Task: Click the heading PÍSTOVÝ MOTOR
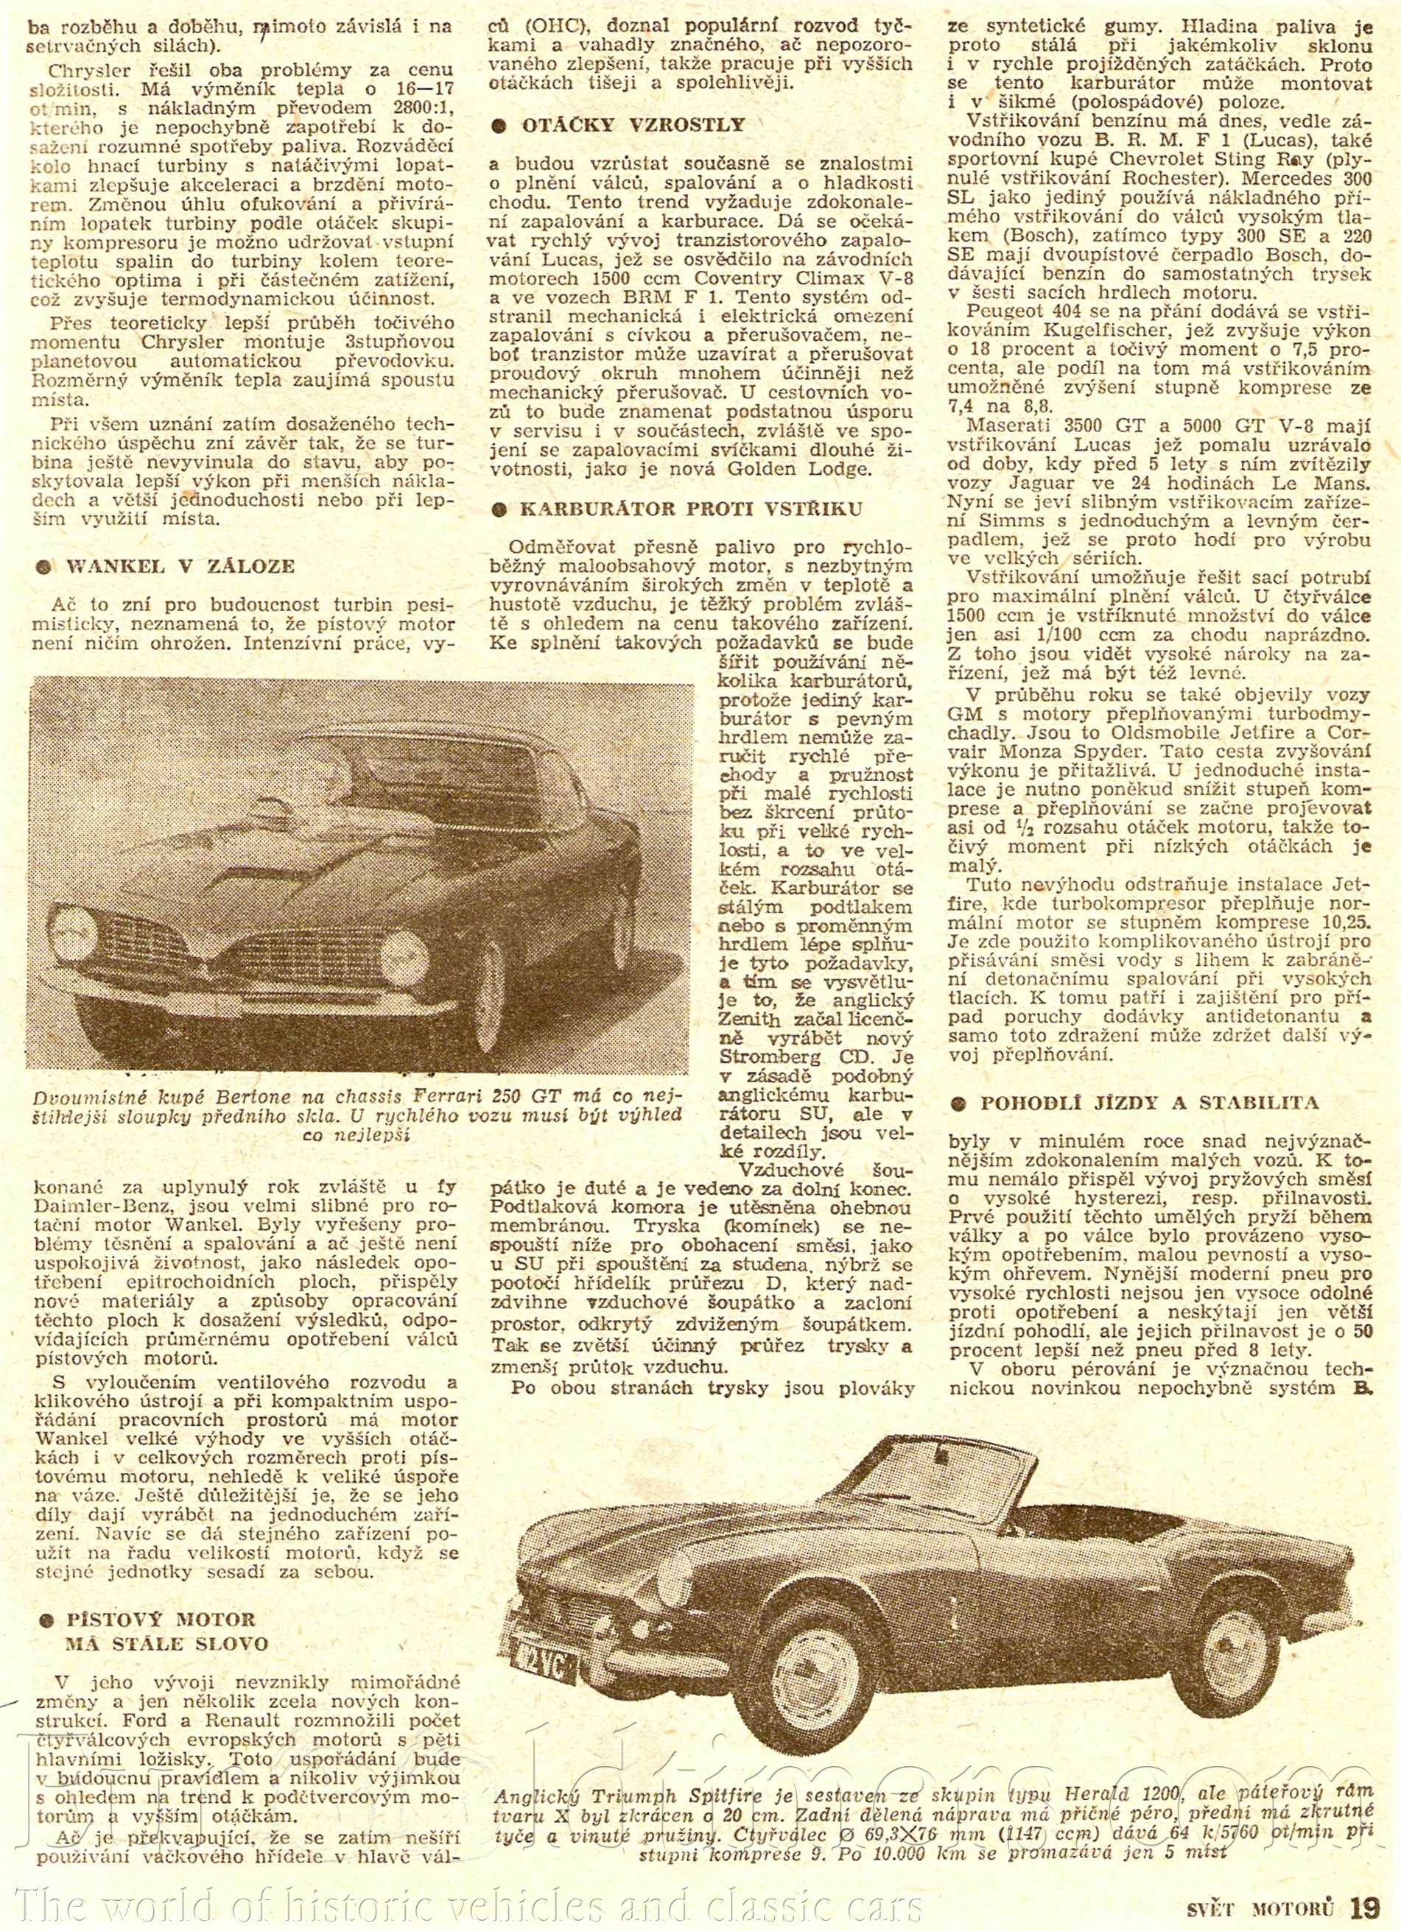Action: click(x=161, y=1619)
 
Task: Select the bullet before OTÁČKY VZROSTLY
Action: click(x=501, y=126)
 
